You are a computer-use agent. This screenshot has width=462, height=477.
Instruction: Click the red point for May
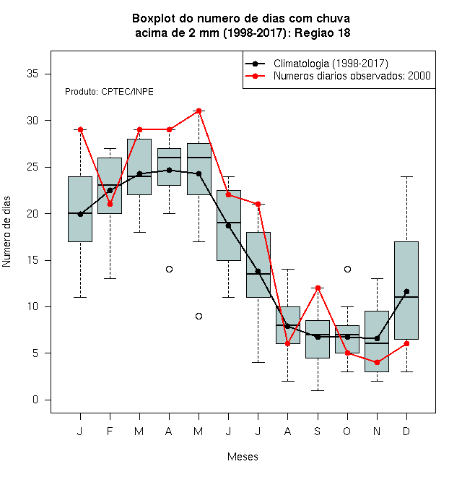click(199, 111)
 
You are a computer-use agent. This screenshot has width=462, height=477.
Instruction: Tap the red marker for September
click(318, 288)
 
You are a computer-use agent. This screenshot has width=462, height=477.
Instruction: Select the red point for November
click(378, 362)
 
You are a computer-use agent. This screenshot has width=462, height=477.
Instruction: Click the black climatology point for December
click(406, 291)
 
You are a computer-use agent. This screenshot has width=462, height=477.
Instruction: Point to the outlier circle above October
click(347, 270)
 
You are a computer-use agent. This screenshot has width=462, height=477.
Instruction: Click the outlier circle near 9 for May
click(199, 316)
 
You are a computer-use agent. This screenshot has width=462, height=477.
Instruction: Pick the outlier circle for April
click(170, 270)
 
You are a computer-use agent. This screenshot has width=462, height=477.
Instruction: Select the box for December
click(406, 291)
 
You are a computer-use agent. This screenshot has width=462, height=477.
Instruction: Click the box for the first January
click(80, 209)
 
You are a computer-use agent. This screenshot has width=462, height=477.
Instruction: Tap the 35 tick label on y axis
click(32, 74)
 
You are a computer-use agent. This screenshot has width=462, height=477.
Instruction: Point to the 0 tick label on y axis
click(35, 400)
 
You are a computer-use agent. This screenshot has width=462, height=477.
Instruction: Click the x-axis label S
click(318, 431)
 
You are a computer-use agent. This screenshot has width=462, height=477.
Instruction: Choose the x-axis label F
click(110, 431)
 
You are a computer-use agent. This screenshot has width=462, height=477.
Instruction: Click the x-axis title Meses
click(243, 457)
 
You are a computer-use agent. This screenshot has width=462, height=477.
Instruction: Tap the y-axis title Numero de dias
click(6, 232)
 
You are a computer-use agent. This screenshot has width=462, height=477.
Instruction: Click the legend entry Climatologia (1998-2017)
click(331, 64)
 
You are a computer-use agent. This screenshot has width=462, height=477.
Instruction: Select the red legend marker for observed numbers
click(256, 76)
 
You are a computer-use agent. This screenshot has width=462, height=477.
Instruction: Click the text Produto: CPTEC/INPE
click(109, 92)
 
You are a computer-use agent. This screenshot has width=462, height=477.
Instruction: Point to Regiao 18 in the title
click(323, 33)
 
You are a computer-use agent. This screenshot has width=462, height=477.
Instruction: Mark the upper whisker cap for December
click(406, 176)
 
